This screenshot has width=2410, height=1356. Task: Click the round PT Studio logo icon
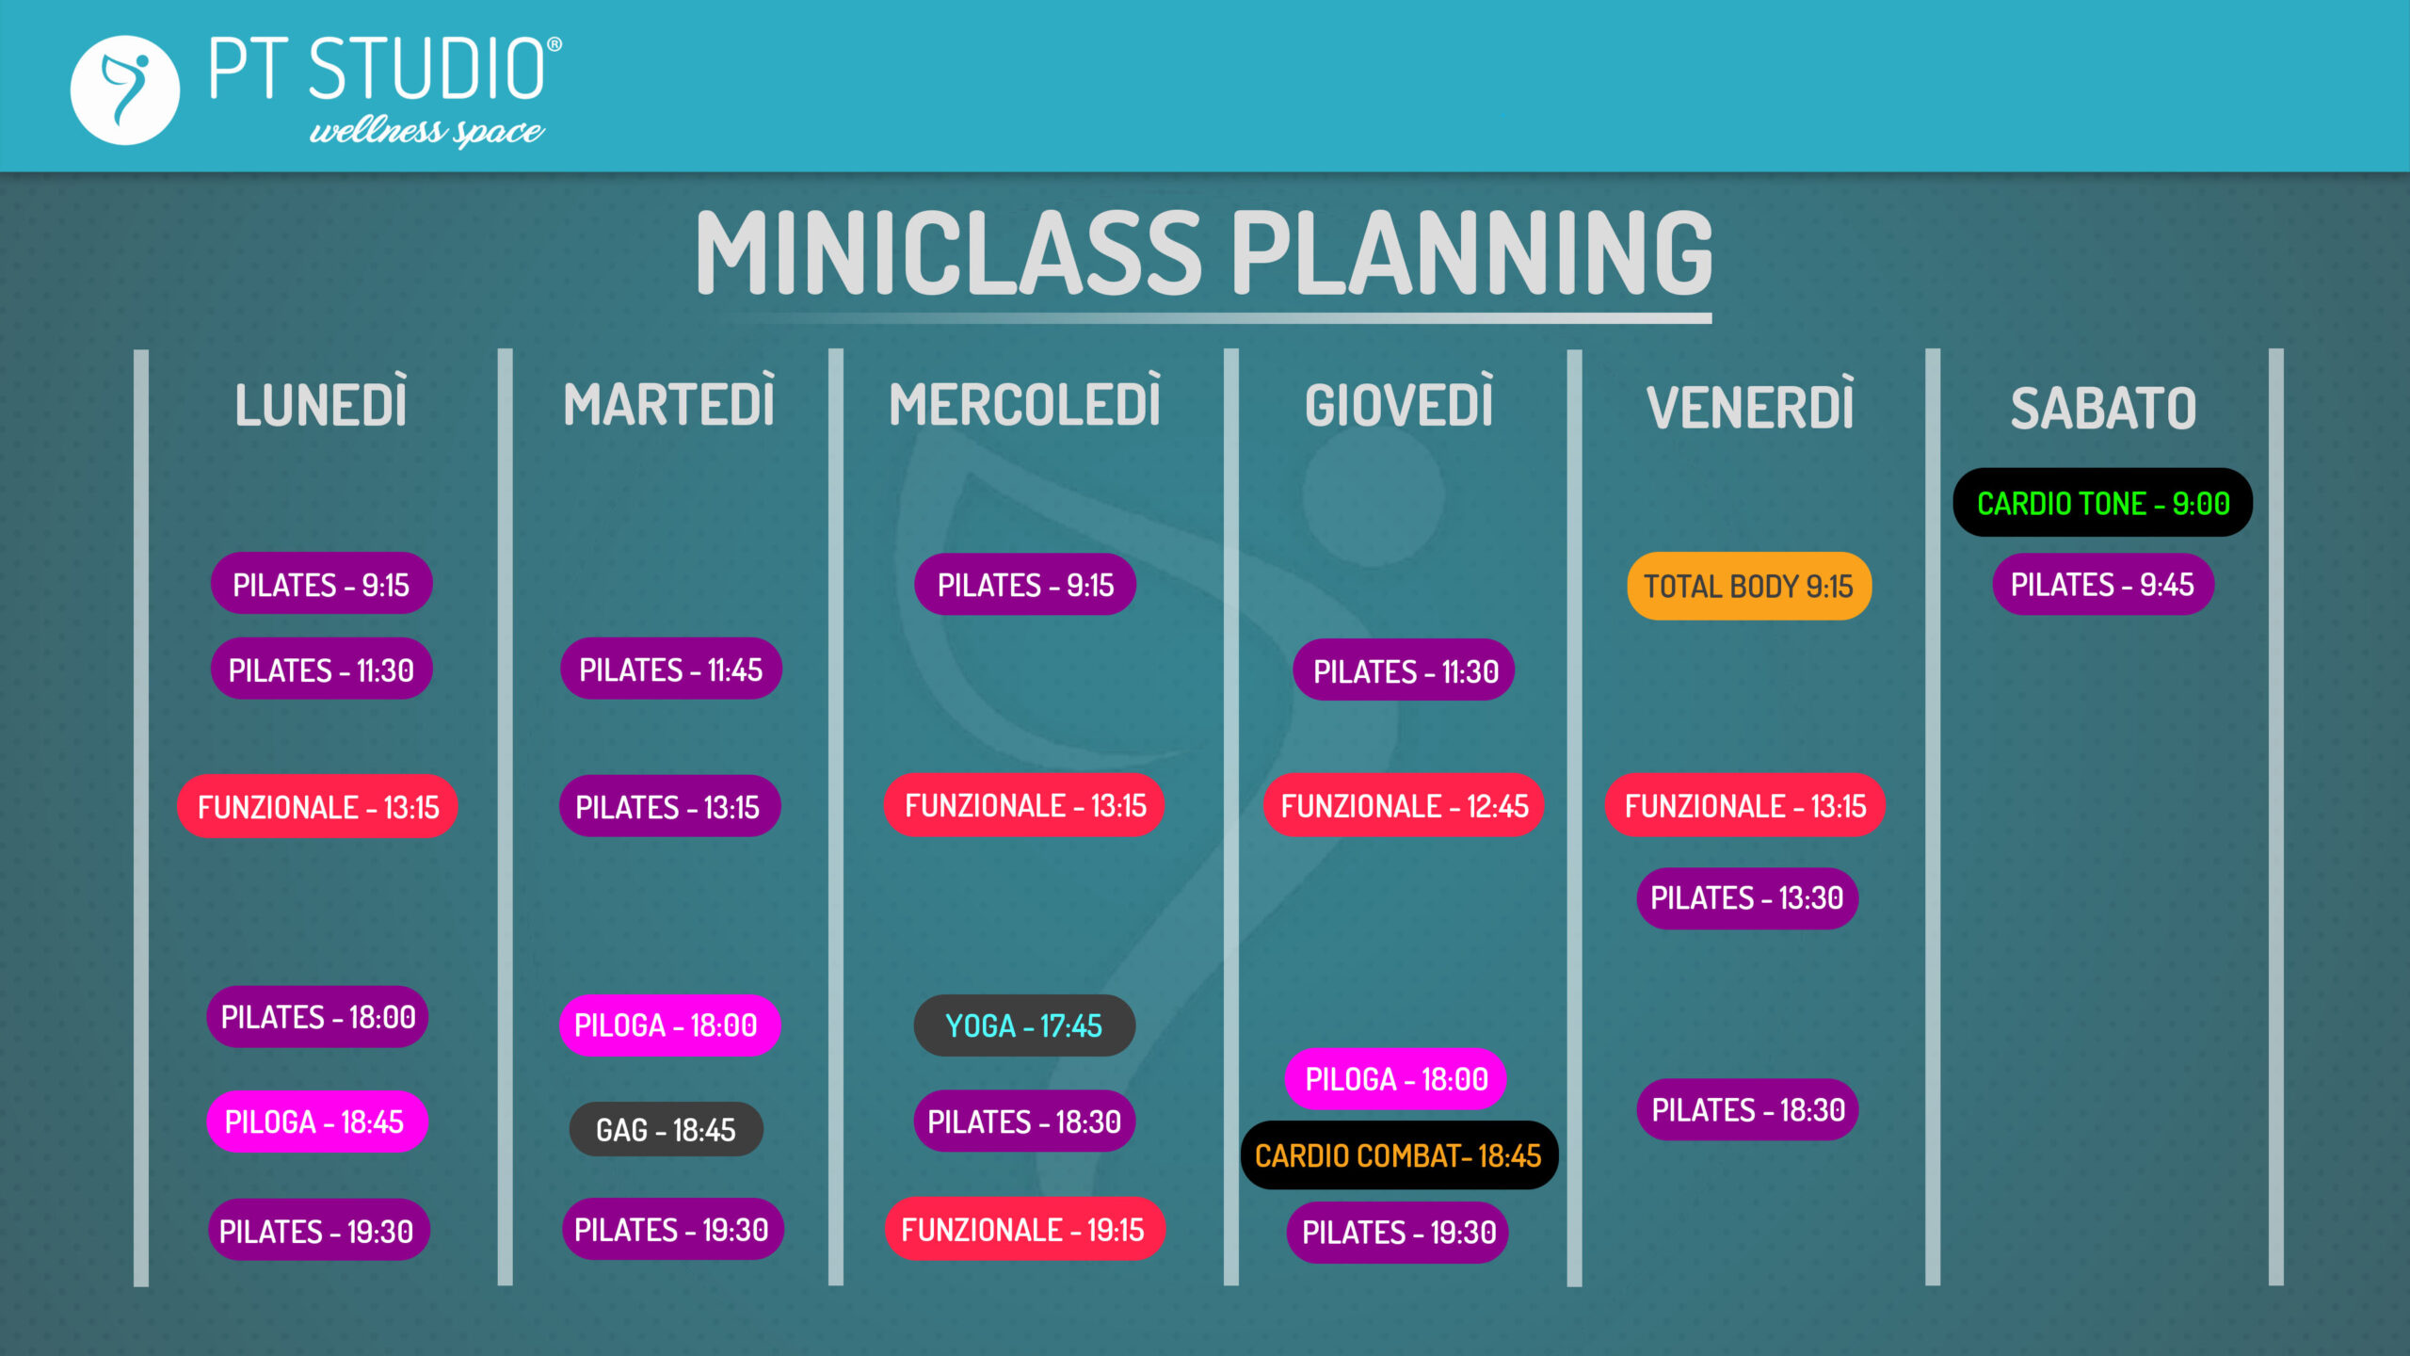(125, 90)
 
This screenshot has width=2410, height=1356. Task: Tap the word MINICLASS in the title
(949, 251)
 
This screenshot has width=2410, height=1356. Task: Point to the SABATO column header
(2103, 409)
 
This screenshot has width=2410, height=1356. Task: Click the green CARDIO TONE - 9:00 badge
(2103, 503)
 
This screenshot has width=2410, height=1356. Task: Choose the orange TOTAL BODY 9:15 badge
(1749, 586)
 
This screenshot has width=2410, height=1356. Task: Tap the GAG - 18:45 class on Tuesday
(667, 1129)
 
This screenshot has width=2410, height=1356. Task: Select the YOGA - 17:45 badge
(1024, 1025)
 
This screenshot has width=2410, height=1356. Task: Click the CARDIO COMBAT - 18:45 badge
(1399, 1155)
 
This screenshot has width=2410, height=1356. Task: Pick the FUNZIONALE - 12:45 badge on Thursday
(1404, 806)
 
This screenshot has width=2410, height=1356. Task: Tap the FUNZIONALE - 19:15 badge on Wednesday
(1024, 1229)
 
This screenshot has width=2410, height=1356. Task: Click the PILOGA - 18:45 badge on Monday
(317, 1122)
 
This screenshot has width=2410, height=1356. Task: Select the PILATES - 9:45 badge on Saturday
(2103, 585)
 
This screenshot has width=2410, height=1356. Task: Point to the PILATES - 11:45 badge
(671, 669)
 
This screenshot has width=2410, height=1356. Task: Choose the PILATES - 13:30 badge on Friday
(1747, 898)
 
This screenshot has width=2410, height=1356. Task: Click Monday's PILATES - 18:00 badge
(317, 1017)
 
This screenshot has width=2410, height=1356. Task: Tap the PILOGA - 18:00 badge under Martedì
(670, 1025)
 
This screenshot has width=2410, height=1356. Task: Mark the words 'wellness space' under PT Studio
(426, 132)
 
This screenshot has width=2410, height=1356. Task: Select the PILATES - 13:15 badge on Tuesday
(670, 806)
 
